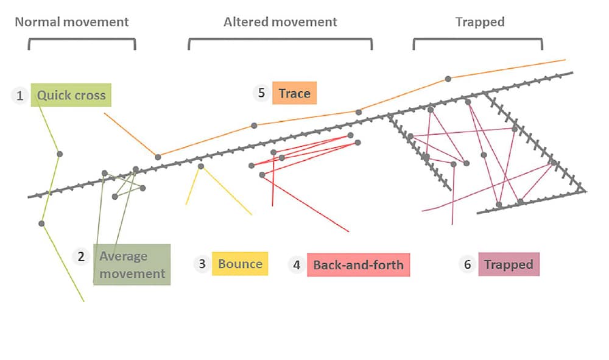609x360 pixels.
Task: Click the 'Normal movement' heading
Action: click(72, 22)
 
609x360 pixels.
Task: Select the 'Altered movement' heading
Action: click(280, 22)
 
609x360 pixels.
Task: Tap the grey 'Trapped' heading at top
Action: click(480, 22)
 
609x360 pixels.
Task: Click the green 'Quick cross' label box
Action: click(71, 95)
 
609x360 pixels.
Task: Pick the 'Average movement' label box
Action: click(132, 264)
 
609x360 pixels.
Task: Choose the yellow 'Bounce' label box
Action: click(240, 264)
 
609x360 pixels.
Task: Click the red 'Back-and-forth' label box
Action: click(358, 265)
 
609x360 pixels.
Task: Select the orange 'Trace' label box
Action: click(295, 93)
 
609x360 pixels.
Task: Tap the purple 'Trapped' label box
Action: click(509, 264)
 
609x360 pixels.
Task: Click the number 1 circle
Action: click(20, 96)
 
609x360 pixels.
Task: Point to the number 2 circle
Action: click(81, 256)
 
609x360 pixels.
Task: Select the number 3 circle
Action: click(202, 264)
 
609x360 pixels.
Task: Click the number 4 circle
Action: click(297, 265)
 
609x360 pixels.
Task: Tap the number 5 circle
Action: click(261, 93)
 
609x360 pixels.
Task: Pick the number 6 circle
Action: click(467, 264)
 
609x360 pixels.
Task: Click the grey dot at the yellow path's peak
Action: click(201, 166)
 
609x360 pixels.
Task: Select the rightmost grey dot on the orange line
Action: click(448, 79)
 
